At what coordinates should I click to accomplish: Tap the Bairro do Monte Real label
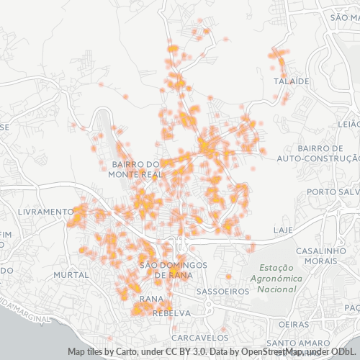click(135, 169)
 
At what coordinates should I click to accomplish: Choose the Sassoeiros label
click(222, 292)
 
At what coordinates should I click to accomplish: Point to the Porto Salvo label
click(332, 192)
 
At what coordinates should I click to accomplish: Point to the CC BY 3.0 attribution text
click(188, 352)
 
